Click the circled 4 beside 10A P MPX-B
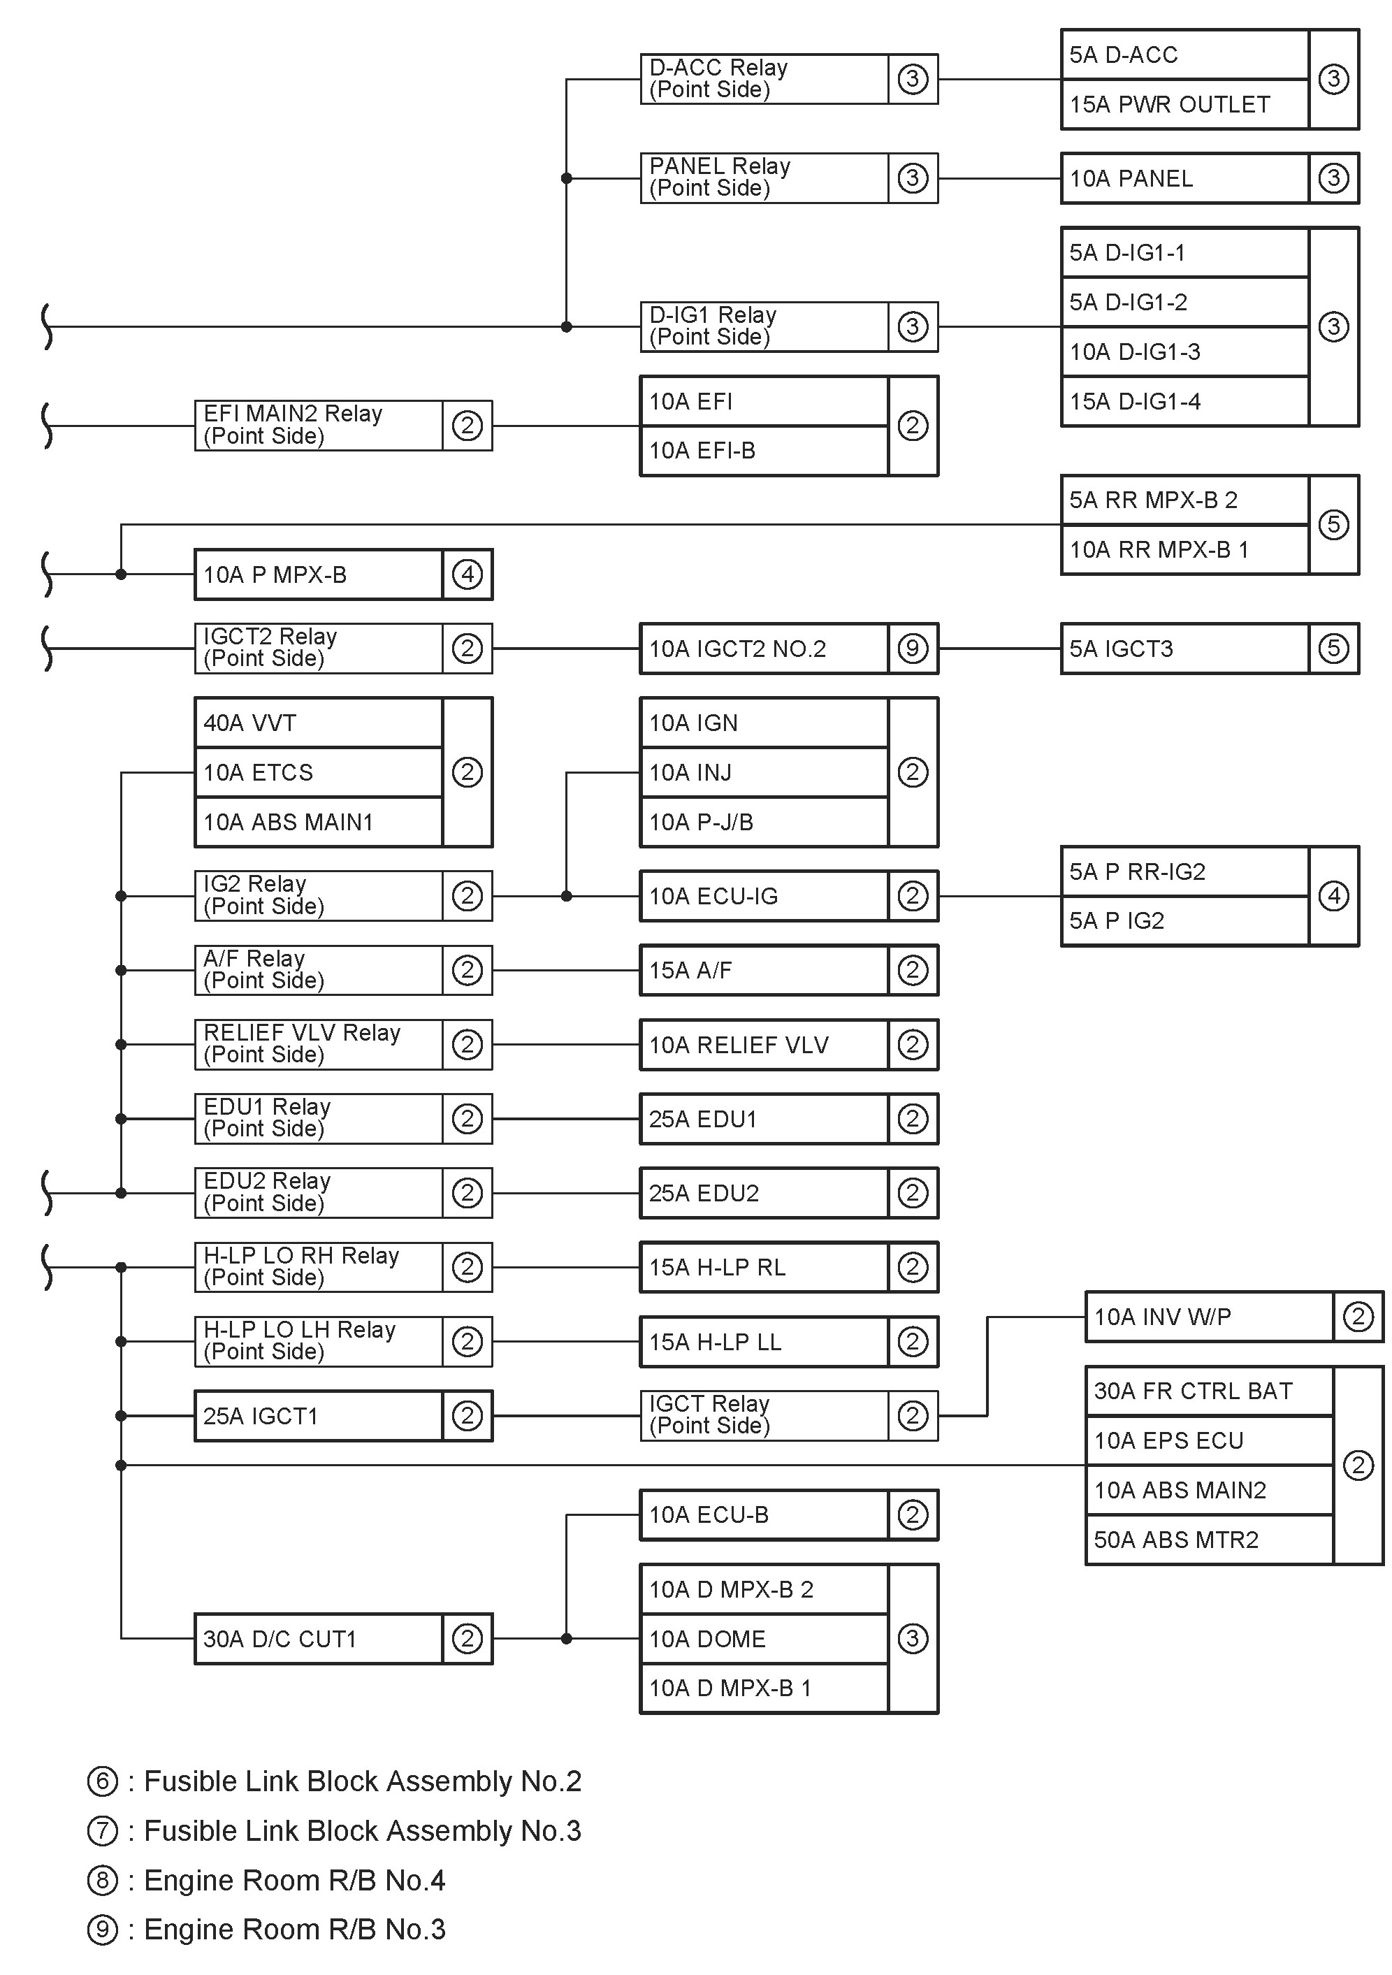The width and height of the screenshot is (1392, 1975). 467,574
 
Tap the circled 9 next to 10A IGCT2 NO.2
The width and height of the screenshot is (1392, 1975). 913,649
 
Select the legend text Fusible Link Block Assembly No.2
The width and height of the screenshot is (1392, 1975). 362,1781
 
